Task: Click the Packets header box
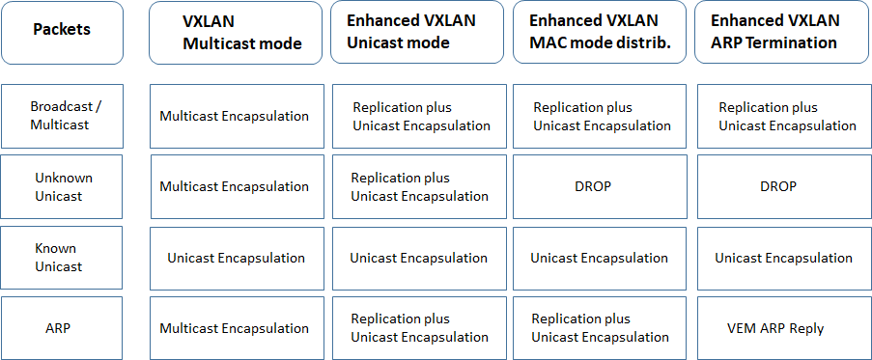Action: click(x=62, y=30)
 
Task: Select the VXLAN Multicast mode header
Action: click(x=236, y=32)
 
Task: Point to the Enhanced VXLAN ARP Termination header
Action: click(x=782, y=32)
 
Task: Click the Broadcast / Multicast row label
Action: click(x=62, y=116)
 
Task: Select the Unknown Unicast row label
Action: click(x=62, y=186)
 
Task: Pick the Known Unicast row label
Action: click(x=62, y=258)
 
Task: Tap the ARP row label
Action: click(x=62, y=328)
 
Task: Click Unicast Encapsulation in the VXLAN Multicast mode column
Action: click(x=236, y=258)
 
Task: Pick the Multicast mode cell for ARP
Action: click(x=236, y=328)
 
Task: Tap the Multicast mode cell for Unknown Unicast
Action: click(x=236, y=186)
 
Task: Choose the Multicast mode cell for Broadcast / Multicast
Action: click(x=236, y=116)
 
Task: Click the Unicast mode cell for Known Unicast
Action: click(x=418, y=258)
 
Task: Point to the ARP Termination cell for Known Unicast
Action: click(x=783, y=258)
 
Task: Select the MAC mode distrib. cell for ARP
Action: click(x=601, y=328)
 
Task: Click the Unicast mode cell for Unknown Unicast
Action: click(x=418, y=186)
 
